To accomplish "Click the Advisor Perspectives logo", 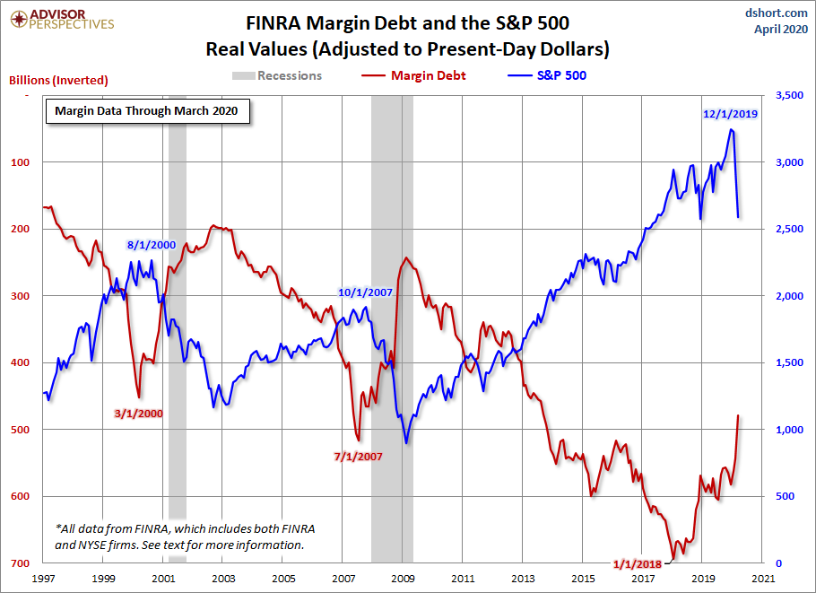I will click(60, 20).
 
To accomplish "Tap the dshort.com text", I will click(777, 13).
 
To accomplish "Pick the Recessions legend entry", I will click(279, 75).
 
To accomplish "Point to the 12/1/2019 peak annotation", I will click(731, 114).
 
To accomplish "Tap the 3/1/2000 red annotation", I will click(139, 414).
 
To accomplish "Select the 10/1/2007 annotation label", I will click(366, 292).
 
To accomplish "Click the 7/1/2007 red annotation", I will click(358, 456).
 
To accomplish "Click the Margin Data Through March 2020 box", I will click(147, 111).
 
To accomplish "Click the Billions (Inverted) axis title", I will click(58, 80).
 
